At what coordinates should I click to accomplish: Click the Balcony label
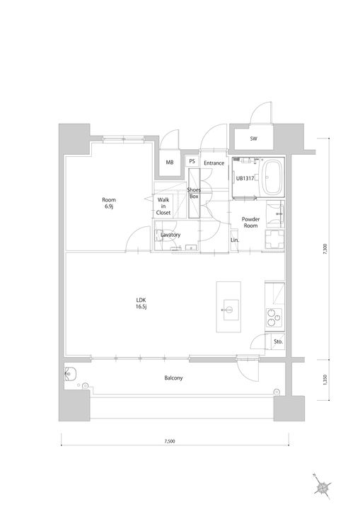pyautogui.click(x=173, y=378)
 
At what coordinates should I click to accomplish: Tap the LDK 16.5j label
pyautogui.click(x=141, y=303)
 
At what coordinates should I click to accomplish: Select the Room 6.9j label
pyautogui.click(x=109, y=203)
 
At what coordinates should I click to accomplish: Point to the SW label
pyautogui.click(x=253, y=139)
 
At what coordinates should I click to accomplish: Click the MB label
pyautogui.click(x=170, y=163)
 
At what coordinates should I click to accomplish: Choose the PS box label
pyautogui.click(x=192, y=161)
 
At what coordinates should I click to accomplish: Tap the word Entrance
pyautogui.click(x=214, y=163)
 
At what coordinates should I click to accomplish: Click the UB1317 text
pyautogui.click(x=245, y=178)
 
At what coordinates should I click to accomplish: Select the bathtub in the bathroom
pyautogui.click(x=272, y=177)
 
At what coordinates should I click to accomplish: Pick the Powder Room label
pyautogui.click(x=250, y=223)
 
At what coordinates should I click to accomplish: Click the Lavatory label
pyautogui.click(x=170, y=235)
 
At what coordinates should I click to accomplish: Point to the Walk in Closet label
pyautogui.click(x=163, y=206)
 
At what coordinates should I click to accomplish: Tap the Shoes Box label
pyautogui.click(x=194, y=193)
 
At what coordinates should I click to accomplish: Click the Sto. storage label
pyautogui.click(x=278, y=342)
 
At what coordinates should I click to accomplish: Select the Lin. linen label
pyautogui.click(x=235, y=240)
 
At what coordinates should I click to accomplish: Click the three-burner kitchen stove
pyautogui.click(x=274, y=318)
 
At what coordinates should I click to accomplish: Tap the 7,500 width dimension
pyautogui.click(x=170, y=441)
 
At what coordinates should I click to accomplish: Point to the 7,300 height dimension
pyautogui.click(x=325, y=249)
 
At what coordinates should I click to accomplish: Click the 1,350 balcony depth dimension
pyautogui.click(x=325, y=380)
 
